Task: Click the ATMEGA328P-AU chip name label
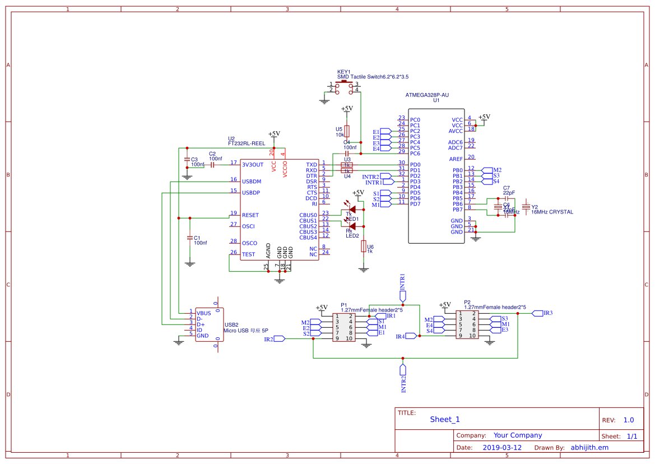click(x=427, y=95)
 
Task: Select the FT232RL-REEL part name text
click(x=247, y=143)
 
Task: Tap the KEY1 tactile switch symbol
click(x=343, y=86)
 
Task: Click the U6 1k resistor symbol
click(x=364, y=247)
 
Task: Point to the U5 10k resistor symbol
click(x=347, y=131)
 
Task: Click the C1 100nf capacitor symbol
click(x=190, y=237)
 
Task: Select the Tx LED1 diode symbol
click(x=352, y=210)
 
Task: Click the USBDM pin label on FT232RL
click(x=252, y=182)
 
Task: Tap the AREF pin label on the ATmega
click(x=456, y=159)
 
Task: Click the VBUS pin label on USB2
click(x=203, y=313)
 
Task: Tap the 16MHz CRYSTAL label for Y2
click(x=552, y=212)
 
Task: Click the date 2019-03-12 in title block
click(x=501, y=448)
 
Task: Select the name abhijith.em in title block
click(x=589, y=448)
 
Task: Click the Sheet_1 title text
click(x=445, y=419)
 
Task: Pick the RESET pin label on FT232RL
click(x=250, y=215)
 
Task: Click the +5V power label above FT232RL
click(x=274, y=134)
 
